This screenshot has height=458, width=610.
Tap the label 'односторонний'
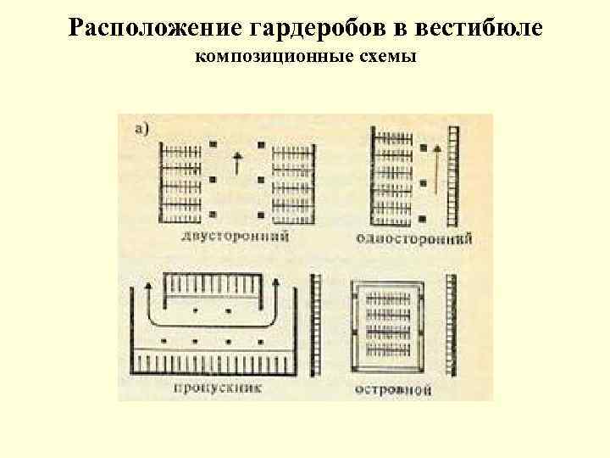pyautogui.click(x=413, y=238)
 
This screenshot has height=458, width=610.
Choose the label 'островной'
pyautogui.click(x=392, y=391)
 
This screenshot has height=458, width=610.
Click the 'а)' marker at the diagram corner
pyautogui.click(x=142, y=128)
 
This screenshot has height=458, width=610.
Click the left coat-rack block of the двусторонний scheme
pyautogui.click(x=181, y=178)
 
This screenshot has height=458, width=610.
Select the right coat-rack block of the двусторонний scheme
pyautogui.click(x=293, y=178)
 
